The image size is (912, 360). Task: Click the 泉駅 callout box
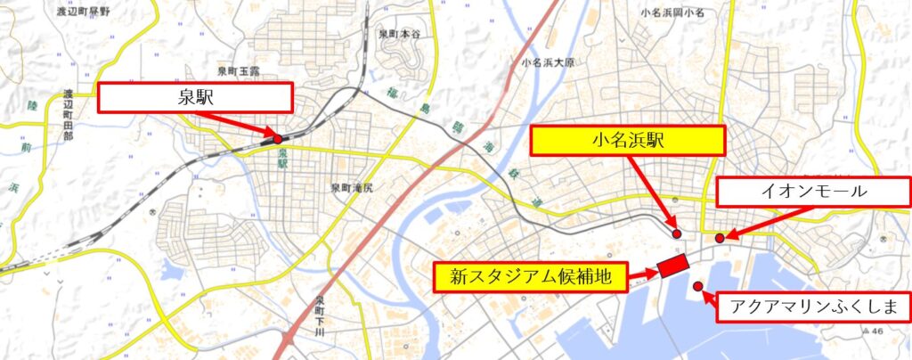pyautogui.click(x=194, y=97)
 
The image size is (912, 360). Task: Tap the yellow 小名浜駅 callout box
pyautogui.click(x=629, y=140)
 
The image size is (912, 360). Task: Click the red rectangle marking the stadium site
pyautogui.click(x=673, y=266)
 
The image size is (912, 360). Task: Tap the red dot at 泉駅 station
pyautogui.click(x=278, y=139)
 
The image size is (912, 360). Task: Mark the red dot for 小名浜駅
pyautogui.click(x=677, y=233)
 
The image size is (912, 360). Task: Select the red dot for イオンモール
pyautogui.click(x=719, y=238)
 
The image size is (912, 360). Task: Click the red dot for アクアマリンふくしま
pyautogui.click(x=698, y=286)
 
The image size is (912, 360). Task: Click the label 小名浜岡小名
pyautogui.click(x=672, y=13)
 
